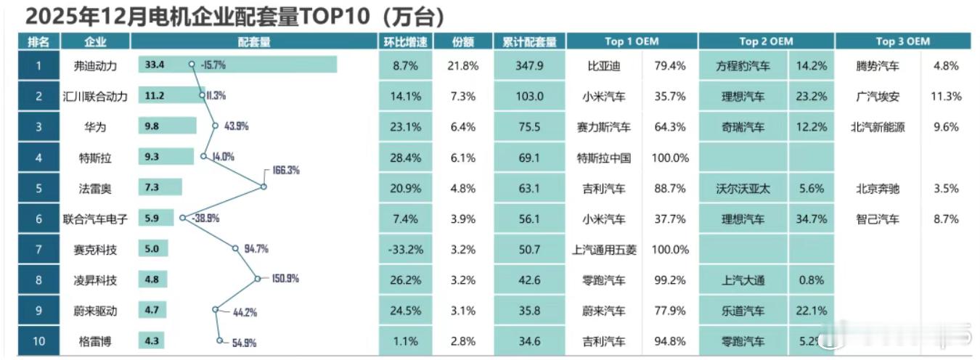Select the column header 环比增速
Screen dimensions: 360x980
tap(404, 42)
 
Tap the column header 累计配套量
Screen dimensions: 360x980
tap(529, 42)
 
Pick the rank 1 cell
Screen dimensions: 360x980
tap(38, 65)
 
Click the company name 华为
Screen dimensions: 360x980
tap(95, 127)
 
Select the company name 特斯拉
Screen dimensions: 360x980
tap(95, 157)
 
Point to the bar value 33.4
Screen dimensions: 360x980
tap(155, 65)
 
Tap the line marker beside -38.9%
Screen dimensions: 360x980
tap(182, 217)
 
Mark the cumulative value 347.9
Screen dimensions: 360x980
tap(529, 66)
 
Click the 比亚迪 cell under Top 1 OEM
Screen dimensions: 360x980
tap(603, 66)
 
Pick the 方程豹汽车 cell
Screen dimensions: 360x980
tap(743, 66)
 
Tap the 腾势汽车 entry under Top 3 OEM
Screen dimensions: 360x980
tap(878, 66)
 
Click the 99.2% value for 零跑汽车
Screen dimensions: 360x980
tap(671, 280)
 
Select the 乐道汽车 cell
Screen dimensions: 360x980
tap(743, 311)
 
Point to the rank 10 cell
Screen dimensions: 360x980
tap(38, 341)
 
